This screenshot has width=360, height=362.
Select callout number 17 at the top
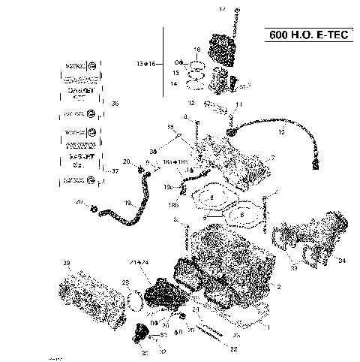pos(222,8)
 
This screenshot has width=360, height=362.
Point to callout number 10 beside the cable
pos(281,131)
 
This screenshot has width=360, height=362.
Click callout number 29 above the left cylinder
pos(66,262)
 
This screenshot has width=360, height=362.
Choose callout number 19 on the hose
pos(127,204)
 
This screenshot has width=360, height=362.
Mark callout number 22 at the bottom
pos(233,348)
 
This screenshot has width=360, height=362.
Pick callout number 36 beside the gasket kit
pos(115,103)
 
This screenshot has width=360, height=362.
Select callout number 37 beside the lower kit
pos(115,171)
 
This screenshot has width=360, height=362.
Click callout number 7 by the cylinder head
pos(272,158)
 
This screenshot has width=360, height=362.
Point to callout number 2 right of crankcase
pos(279,287)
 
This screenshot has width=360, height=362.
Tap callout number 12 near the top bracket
pos(191,102)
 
